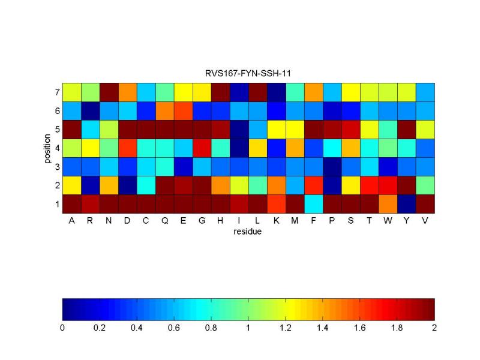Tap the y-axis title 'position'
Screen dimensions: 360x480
tap(47, 148)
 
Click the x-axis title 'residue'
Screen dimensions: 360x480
tap(248, 231)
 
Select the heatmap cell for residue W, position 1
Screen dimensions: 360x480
tap(388, 204)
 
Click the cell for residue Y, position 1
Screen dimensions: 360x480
tap(406, 204)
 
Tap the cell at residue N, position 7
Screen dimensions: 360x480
tap(109, 92)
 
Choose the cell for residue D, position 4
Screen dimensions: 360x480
tap(127, 148)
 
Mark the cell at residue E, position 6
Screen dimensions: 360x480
tap(183, 111)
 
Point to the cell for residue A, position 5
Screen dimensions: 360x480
tap(71, 130)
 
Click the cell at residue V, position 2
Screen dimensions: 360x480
tap(425, 185)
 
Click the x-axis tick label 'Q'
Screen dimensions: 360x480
tap(164, 220)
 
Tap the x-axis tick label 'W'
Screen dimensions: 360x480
tap(388, 220)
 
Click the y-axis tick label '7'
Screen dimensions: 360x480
tap(56, 92)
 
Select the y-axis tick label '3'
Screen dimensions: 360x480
tap(56, 167)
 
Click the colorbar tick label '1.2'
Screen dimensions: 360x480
tap(285, 328)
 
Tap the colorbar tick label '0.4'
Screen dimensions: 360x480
tap(137, 328)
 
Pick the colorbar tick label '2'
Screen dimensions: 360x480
tap(434, 328)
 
